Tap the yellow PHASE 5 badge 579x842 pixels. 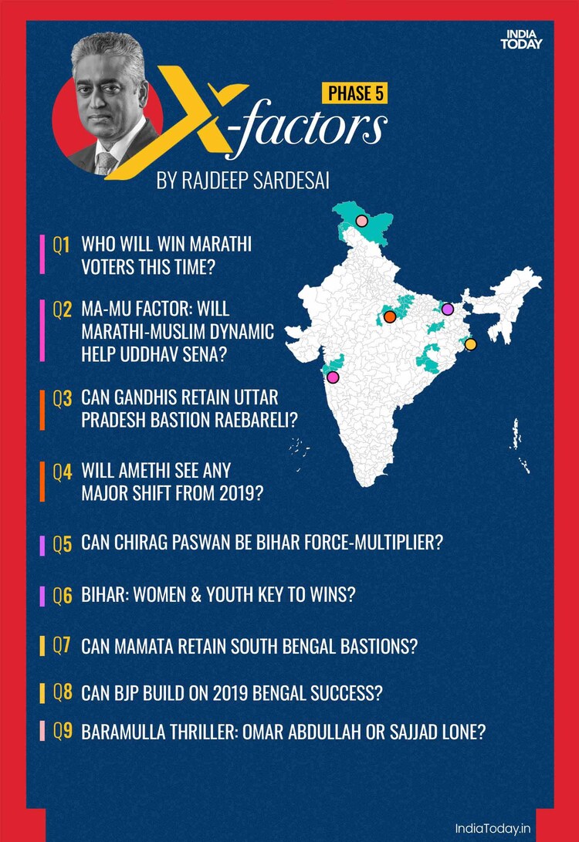[354, 93]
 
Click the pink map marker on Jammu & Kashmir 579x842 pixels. [362, 221]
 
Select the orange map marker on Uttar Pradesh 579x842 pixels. [390, 316]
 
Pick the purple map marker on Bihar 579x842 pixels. [448, 309]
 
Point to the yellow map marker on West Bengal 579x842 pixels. [471, 344]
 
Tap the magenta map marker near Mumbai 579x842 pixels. [333, 377]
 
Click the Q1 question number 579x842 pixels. [62, 246]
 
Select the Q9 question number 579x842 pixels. [63, 732]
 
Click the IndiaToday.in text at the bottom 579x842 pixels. [493, 826]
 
